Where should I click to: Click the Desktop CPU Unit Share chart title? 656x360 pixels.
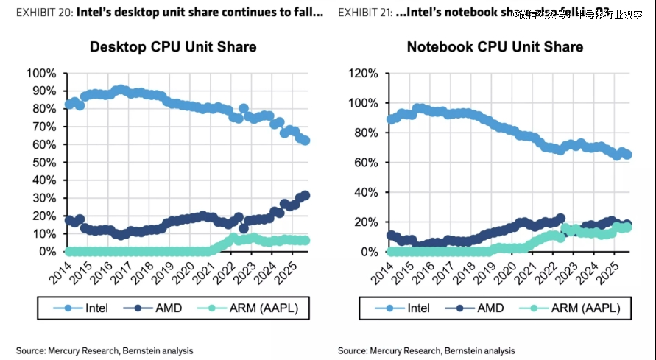[172, 47]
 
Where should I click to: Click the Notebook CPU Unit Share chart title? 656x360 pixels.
[495, 47]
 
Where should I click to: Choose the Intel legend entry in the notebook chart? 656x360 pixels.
[410, 307]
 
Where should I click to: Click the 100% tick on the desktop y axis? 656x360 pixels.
[41, 73]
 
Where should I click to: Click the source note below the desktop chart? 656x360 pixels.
[105, 350]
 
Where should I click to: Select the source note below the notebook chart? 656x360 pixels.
[426, 350]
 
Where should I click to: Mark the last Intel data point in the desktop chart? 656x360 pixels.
[305, 141]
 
